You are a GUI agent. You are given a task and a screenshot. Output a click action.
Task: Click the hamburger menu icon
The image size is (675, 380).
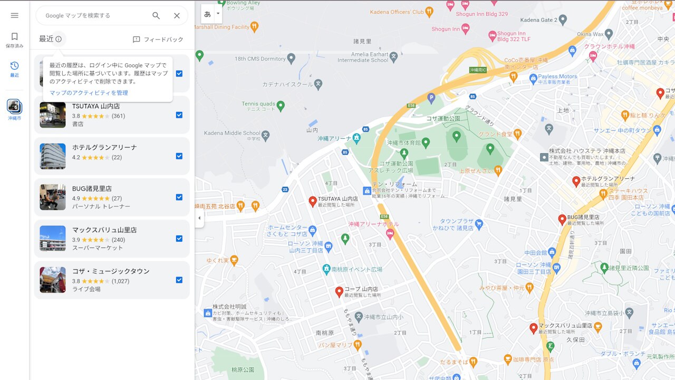(x=14, y=15)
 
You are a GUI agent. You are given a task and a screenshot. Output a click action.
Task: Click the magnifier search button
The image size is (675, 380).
(x=156, y=16)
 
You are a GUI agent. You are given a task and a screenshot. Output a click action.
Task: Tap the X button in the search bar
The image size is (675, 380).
(x=177, y=16)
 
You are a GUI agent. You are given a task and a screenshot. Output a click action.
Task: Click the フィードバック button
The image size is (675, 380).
(x=158, y=40)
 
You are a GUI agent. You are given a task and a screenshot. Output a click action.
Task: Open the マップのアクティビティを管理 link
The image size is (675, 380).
(x=89, y=93)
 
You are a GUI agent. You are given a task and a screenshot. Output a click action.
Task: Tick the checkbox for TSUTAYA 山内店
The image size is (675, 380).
(x=179, y=115)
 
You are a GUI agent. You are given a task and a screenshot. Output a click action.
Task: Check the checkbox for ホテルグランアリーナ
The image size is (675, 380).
(x=179, y=156)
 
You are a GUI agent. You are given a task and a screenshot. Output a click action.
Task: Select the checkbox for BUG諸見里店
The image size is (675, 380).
(x=179, y=197)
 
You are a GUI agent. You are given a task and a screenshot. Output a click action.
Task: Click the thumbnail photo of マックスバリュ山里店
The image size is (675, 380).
(x=53, y=239)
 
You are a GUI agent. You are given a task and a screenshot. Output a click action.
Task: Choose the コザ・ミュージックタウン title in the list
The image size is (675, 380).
(x=111, y=271)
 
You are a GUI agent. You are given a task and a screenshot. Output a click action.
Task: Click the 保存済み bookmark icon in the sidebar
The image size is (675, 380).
(x=14, y=36)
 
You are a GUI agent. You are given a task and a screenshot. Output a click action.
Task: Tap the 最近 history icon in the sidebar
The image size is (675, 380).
(x=14, y=66)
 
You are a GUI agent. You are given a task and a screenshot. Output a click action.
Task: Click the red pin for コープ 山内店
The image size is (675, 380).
(x=340, y=291)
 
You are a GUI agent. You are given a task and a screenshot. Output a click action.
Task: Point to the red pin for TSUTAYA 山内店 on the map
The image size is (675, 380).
(x=313, y=201)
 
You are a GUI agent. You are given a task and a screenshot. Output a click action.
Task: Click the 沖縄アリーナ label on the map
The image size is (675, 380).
(x=334, y=139)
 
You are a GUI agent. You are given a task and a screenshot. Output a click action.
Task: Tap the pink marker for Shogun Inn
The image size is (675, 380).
(x=465, y=28)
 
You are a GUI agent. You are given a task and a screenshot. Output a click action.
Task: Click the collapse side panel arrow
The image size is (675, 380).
(x=199, y=218)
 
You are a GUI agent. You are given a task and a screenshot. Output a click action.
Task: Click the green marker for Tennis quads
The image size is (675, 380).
(x=281, y=106)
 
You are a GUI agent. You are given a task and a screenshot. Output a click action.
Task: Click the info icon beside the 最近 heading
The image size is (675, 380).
(x=59, y=39)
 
